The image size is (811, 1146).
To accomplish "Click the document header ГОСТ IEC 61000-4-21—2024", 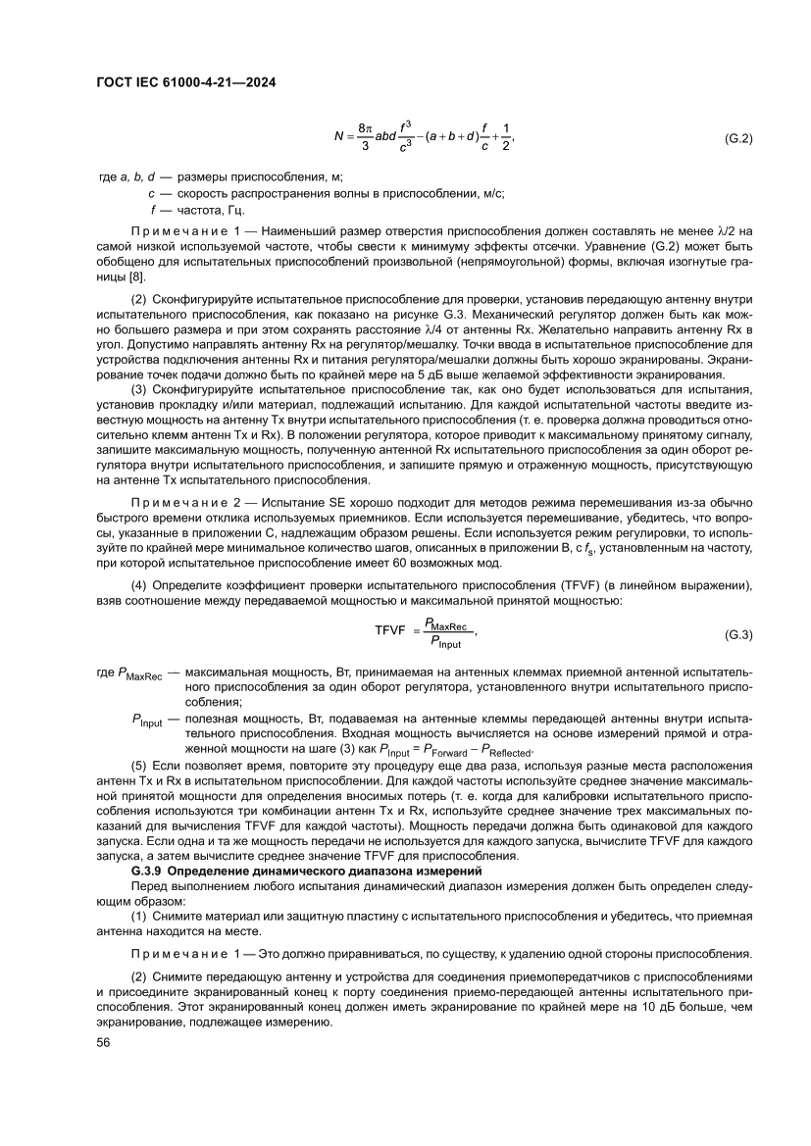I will click(x=185, y=84).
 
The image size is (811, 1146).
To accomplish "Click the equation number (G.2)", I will click(x=737, y=139).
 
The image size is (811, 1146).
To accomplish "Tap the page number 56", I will click(x=103, y=1043).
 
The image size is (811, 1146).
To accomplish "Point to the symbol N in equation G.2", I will click(x=338, y=138).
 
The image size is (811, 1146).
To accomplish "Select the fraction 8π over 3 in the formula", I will click(x=365, y=138).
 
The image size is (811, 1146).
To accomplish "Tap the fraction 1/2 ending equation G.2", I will click(x=506, y=138).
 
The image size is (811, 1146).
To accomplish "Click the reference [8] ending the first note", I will click(x=124, y=279).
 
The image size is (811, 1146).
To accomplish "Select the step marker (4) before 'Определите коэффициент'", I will click(x=139, y=586).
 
